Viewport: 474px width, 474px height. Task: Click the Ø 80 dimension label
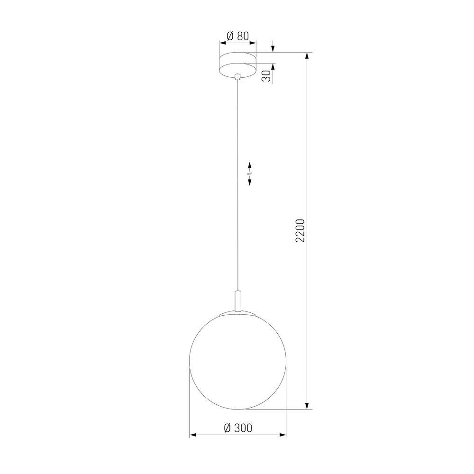tap(237, 36)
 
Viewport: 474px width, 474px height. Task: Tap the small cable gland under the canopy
tap(237, 76)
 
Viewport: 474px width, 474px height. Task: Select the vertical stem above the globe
tap(237, 300)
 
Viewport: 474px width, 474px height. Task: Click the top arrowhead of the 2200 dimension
tap(308, 56)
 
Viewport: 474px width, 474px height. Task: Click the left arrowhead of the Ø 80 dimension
tap(221, 43)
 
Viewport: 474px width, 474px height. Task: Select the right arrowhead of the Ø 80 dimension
tap(253, 43)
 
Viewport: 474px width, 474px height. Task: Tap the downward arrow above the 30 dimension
tap(273, 48)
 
